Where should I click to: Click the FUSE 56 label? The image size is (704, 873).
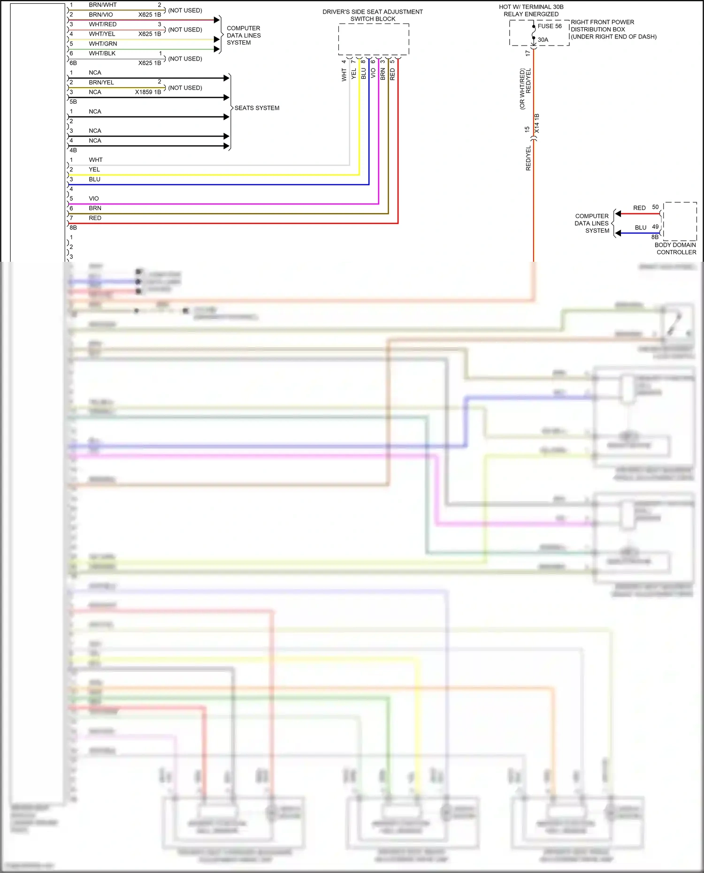[549, 26]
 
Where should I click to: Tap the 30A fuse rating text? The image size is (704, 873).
[543, 40]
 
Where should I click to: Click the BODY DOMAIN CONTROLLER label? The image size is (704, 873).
[675, 249]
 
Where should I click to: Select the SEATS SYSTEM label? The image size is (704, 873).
[257, 108]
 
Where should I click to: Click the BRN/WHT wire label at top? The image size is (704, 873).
[102, 5]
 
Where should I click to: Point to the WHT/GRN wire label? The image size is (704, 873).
[103, 44]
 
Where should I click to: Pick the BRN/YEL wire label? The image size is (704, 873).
[101, 83]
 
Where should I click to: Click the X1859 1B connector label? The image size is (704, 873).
[148, 92]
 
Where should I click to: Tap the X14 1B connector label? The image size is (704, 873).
[537, 123]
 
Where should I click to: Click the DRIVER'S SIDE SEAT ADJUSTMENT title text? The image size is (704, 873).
[372, 12]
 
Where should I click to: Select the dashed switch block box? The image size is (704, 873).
[374, 39]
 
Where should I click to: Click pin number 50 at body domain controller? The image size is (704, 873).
[655, 207]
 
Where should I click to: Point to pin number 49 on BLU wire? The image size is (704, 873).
[655, 227]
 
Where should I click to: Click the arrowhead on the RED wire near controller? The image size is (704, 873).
[618, 214]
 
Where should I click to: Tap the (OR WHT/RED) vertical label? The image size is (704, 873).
[522, 89]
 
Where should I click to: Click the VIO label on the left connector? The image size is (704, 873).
[94, 199]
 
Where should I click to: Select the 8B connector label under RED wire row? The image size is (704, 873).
[73, 228]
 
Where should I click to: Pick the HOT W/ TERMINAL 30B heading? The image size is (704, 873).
[531, 7]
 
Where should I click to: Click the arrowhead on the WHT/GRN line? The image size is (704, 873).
[217, 49]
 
